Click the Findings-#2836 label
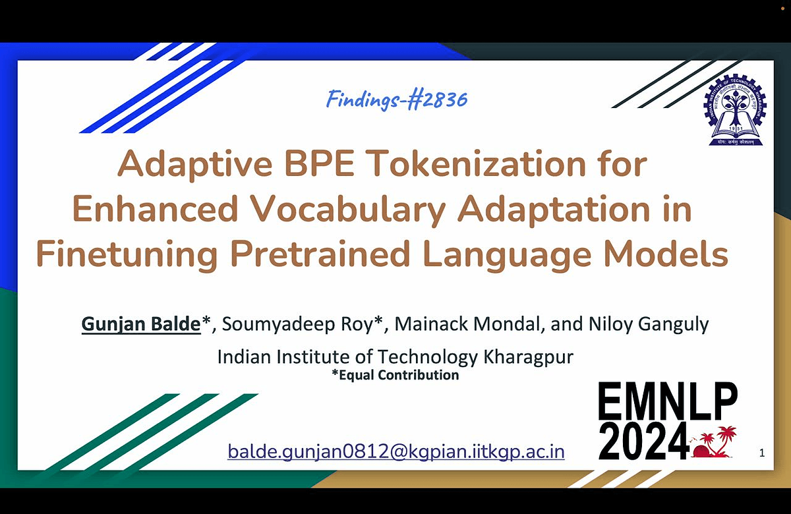[397, 100]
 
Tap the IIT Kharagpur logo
[735, 110]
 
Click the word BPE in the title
[319, 163]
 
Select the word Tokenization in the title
[473, 163]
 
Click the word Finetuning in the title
[127, 254]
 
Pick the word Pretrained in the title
[320, 254]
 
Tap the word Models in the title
[666, 254]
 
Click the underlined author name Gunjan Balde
[141, 324]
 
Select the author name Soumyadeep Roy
[297, 324]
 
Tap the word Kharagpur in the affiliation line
[528, 357]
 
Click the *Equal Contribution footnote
[395, 375]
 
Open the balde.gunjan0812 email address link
[396, 452]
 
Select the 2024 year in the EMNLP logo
[643, 442]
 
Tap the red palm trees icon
[714, 442]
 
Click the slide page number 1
[762, 453]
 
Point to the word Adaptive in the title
[195, 164]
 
